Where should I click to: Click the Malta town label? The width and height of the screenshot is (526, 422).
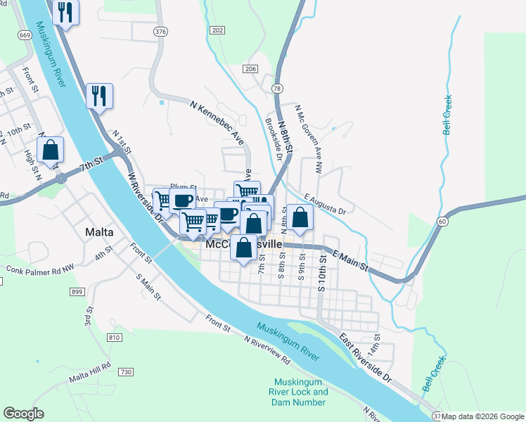[99, 232]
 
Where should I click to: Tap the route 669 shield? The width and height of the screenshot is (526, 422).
[25, 35]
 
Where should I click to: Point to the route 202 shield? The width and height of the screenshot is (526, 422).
[217, 30]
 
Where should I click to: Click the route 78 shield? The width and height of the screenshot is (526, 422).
[278, 88]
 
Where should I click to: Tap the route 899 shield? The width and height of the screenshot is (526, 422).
[97, 292]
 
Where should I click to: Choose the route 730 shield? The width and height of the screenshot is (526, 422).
[126, 371]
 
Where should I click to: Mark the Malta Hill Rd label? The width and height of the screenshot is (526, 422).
[90, 372]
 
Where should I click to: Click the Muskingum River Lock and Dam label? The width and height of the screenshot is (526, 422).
[300, 392]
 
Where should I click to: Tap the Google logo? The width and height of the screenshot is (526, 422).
[23, 414]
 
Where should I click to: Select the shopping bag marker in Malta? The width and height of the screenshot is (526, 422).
[51, 150]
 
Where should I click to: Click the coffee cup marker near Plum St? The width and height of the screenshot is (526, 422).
[182, 200]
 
